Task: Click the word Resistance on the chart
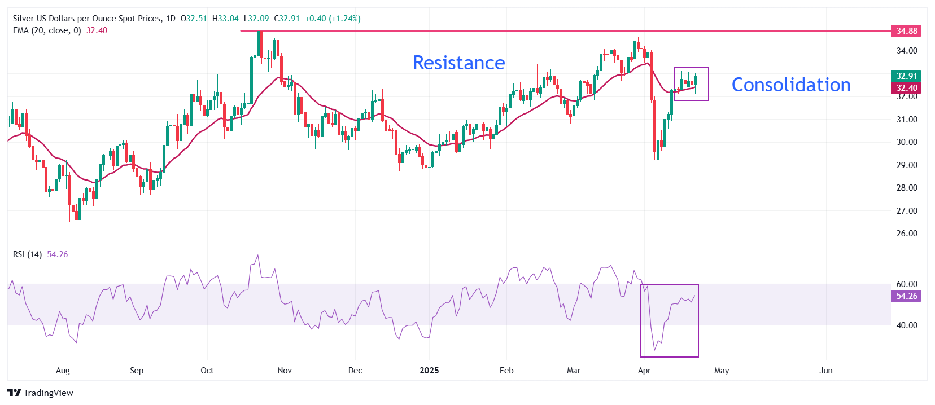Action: coord(458,63)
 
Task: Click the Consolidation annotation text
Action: coord(790,85)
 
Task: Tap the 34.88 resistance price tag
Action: coord(906,30)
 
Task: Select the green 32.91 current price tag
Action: coord(906,76)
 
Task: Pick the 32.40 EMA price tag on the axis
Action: coord(906,87)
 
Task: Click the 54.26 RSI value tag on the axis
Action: coord(906,296)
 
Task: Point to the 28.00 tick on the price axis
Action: coord(907,188)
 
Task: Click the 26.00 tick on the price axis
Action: coord(907,234)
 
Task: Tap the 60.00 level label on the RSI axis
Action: coord(907,284)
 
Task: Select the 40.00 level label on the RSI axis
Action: coord(907,325)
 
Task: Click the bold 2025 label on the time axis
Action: coord(429,371)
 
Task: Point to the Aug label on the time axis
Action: coord(63,371)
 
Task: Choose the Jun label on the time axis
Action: coord(825,371)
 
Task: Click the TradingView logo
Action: coord(40,393)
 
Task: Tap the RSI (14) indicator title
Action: coord(27,254)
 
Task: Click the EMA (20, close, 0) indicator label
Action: coord(47,30)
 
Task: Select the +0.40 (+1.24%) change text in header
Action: coord(333,19)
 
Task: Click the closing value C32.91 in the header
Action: coord(287,19)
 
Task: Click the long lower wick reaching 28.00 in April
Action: coord(658,175)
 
